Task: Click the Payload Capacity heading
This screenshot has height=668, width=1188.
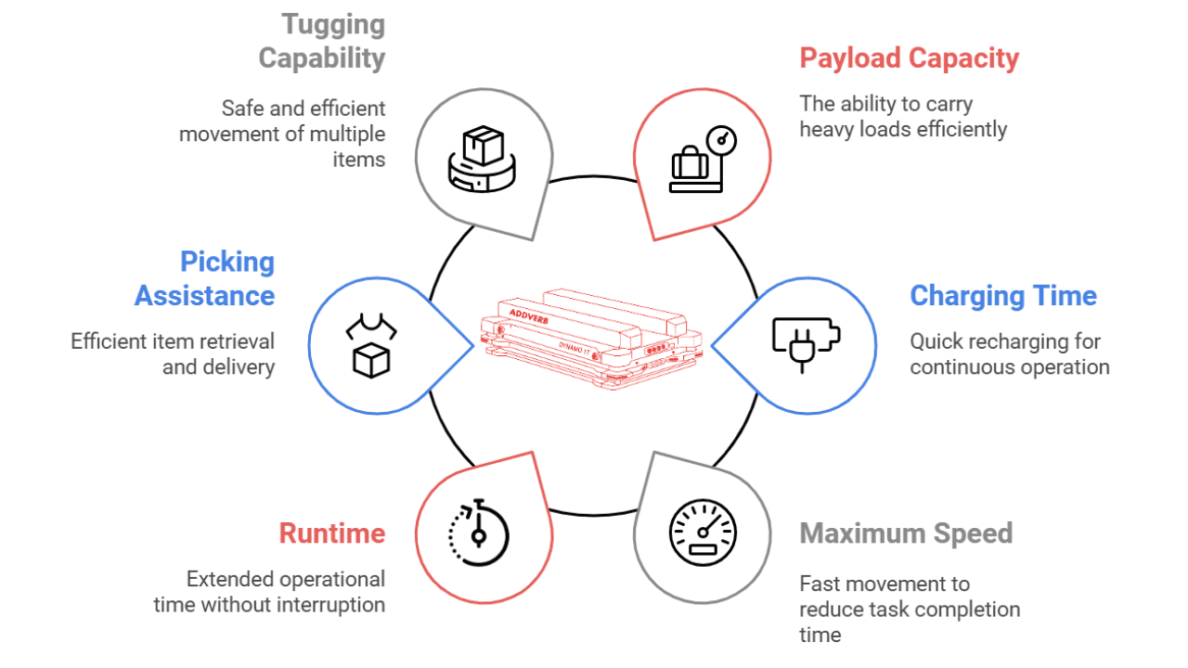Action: point(909,58)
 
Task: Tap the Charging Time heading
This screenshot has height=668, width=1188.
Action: point(1002,296)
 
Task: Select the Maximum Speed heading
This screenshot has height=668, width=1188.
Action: point(905,533)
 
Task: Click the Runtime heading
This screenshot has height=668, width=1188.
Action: point(331,533)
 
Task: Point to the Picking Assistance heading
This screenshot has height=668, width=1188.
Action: point(205,278)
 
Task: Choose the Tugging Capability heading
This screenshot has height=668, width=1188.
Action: point(321,41)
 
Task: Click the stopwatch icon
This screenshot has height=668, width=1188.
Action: point(479,533)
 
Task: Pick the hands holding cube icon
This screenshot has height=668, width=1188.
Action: point(370,346)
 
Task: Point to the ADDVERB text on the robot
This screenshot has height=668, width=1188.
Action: point(531,314)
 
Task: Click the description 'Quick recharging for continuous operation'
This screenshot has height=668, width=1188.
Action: point(1009,354)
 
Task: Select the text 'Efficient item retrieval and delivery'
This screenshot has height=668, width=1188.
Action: point(173,354)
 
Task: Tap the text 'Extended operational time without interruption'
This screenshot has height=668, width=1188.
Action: point(269,592)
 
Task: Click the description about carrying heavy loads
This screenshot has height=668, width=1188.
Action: point(902,117)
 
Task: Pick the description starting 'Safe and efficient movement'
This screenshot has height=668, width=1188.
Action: point(282,134)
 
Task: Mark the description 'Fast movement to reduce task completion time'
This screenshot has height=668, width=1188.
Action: point(909,609)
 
